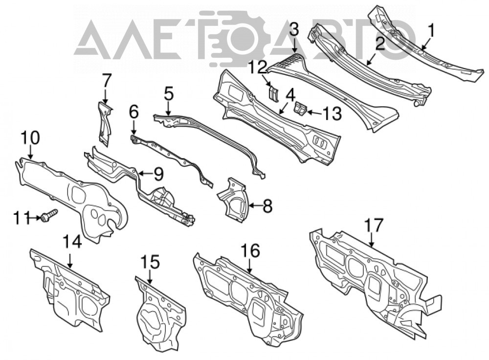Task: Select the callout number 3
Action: click(294, 30)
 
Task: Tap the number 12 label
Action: click(258, 67)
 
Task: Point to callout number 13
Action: click(333, 113)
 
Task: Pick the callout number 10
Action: click(31, 138)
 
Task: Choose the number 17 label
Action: click(373, 225)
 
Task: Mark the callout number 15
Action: click(150, 262)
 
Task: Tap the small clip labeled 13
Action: click(301, 109)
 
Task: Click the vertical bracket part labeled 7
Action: click(105, 123)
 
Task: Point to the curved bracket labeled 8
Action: click(233, 200)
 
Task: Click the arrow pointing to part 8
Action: click(255, 205)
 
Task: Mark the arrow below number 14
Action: click(70, 261)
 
